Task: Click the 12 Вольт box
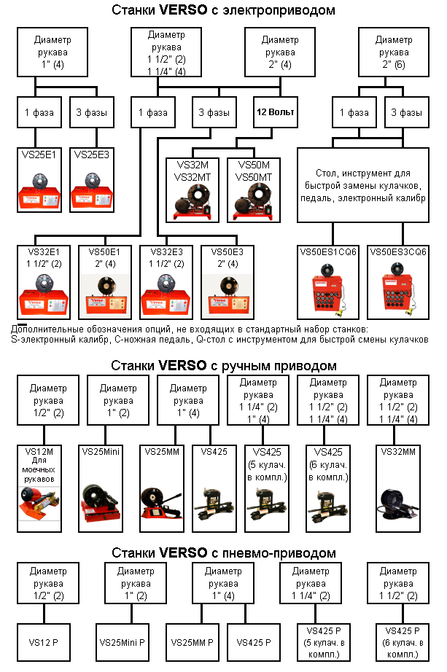coord(274,113)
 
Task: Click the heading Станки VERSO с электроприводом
coord(224,10)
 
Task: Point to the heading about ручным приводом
coord(224,364)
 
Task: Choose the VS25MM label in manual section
coord(164,452)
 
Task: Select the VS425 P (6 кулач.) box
coord(399,641)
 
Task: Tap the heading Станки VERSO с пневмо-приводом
coord(224,552)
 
